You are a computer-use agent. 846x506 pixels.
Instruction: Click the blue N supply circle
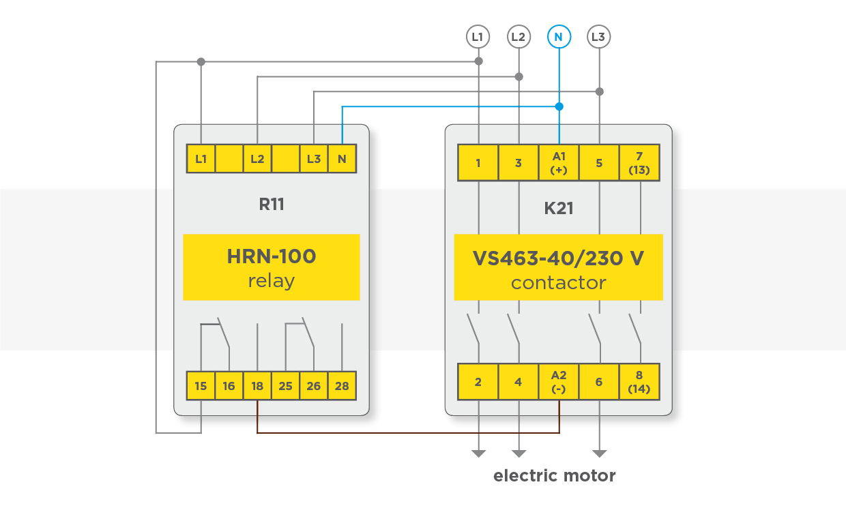559,37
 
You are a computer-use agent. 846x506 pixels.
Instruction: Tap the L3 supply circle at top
599,37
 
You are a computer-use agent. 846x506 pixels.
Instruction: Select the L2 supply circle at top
519,37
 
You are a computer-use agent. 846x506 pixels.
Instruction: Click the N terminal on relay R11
342,159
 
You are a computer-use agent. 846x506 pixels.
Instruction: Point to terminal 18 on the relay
257,386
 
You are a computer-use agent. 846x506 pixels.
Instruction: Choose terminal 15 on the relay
201,386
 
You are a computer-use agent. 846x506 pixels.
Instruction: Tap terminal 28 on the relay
342,386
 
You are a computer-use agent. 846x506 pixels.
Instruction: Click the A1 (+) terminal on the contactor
559,163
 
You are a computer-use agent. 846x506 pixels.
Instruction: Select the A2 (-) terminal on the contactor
559,382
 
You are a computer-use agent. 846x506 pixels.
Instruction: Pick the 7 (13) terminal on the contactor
639,163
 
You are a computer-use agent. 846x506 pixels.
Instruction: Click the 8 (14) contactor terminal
639,382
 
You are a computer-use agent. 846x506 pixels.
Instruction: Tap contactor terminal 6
599,382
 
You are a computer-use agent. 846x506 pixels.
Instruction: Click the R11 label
272,205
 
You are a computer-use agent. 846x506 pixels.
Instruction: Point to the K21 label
559,208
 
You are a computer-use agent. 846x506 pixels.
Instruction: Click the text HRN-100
272,256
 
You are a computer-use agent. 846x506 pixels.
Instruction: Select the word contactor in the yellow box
559,283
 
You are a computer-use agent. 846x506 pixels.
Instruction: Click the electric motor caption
555,476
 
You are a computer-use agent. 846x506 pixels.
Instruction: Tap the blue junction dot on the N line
559,106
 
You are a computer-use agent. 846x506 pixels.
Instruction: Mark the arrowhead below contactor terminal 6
600,453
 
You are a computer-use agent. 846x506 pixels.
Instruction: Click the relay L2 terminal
257,159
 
